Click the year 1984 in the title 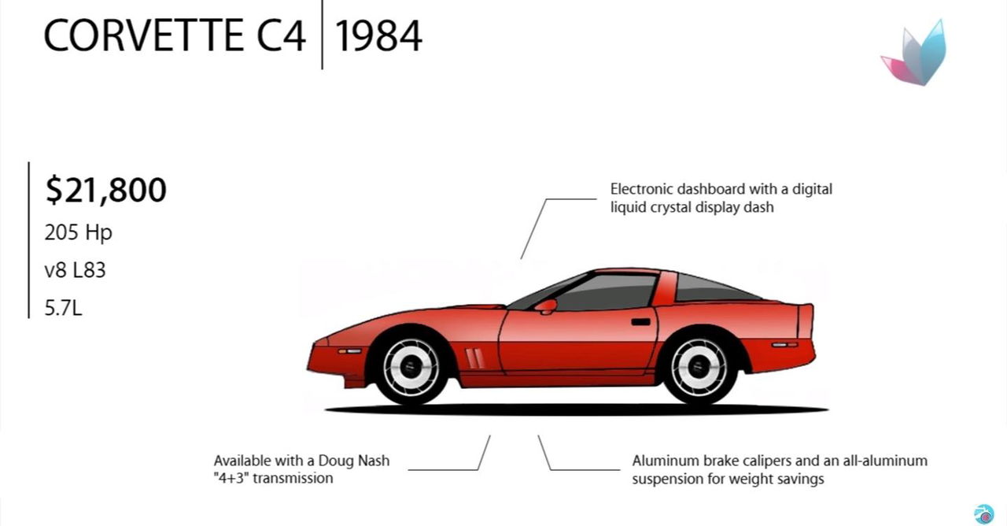point(378,36)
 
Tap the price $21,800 point(106,190)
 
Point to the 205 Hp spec point(78,233)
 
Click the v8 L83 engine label point(75,270)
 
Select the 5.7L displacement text point(64,308)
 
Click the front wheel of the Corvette point(411,367)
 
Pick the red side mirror point(546,306)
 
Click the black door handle point(640,322)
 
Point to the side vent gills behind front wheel point(474,358)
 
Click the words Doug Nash point(354,461)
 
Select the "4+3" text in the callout point(231,478)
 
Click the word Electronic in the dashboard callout point(641,189)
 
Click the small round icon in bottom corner point(983,514)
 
